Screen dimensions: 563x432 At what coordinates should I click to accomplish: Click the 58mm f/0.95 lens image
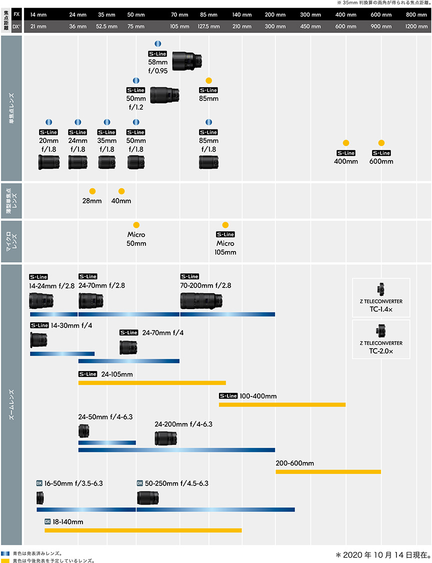tap(188, 60)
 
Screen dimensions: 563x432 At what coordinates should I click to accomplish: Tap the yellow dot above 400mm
tap(345, 142)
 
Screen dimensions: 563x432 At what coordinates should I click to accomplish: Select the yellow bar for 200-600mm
tap(328, 471)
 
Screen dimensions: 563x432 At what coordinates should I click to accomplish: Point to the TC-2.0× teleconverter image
tap(381, 331)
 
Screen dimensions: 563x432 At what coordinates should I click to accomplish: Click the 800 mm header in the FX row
tap(416, 14)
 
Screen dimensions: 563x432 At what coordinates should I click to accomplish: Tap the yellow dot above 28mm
tap(92, 191)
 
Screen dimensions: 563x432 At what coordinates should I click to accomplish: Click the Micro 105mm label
tap(225, 248)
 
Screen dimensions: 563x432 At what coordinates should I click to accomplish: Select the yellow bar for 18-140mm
tap(143, 530)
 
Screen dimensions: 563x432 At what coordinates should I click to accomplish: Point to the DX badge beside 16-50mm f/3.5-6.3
tap(39, 483)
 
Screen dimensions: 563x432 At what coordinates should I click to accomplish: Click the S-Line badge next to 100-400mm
tap(228, 396)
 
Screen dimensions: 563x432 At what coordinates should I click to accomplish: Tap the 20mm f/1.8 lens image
tap(48, 162)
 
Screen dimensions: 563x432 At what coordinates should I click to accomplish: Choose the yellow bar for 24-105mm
tap(152, 383)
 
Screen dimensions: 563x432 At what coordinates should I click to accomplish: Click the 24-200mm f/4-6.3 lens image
tap(165, 438)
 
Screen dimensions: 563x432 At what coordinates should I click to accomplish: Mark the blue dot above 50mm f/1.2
tap(136, 80)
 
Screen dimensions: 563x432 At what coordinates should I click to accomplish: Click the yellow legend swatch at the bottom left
tap(5, 560)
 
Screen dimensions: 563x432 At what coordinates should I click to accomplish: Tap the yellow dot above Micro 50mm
tap(136, 225)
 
